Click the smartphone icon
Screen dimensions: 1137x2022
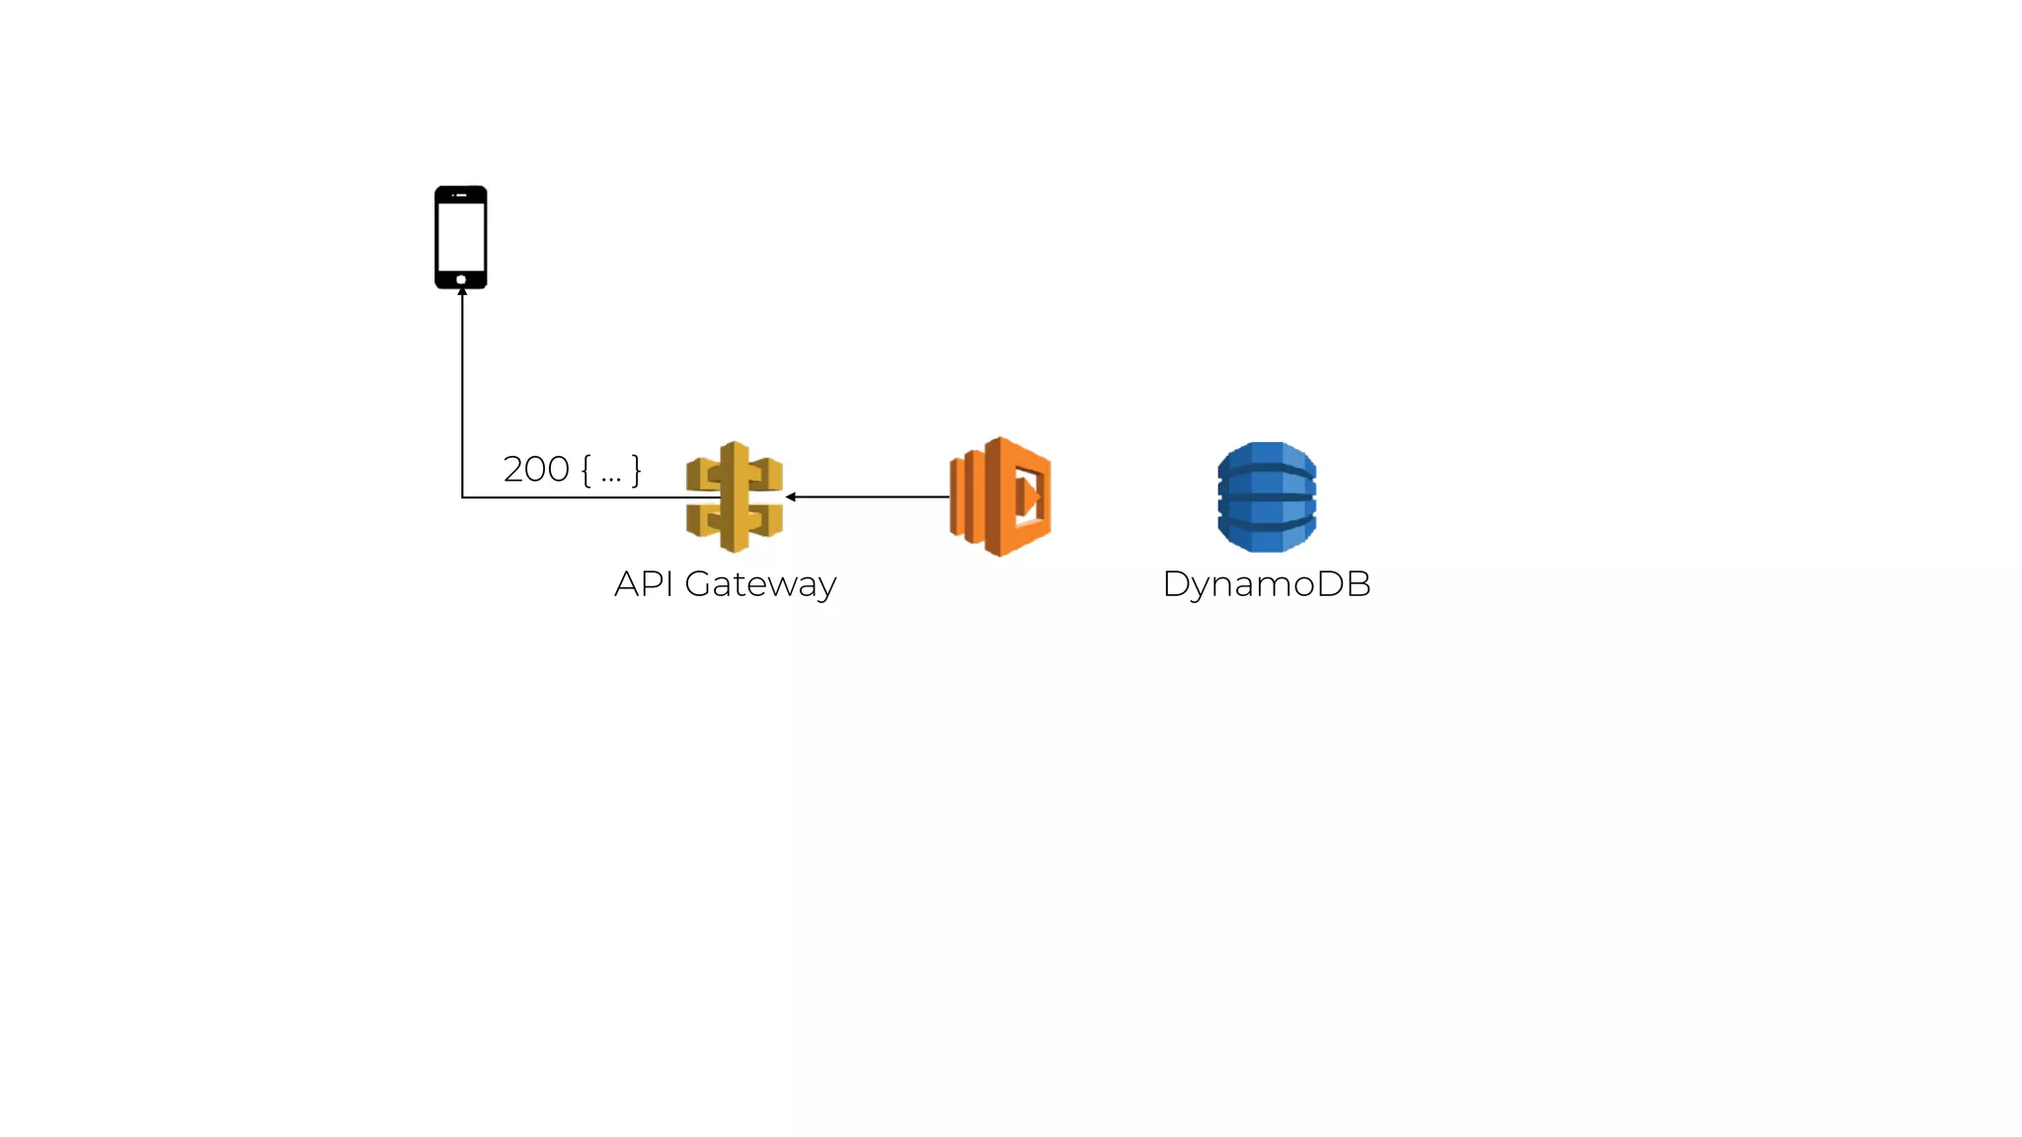tap(461, 237)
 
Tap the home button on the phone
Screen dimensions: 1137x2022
tap(461, 280)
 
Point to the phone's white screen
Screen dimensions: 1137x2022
tap(461, 237)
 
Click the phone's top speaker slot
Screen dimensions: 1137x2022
tap(461, 195)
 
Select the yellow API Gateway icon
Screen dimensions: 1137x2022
tap(735, 496)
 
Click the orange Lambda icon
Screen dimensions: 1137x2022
tap(1000, 496)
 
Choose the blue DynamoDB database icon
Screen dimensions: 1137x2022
tap(1267, 496)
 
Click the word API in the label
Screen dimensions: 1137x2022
tap(644, 584)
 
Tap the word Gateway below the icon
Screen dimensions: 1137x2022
tap(760, 584)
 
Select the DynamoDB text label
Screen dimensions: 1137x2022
tap(1267, 584)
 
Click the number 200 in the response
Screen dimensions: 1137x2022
tap(536, 470)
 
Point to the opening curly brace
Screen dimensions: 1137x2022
tap(586, 470)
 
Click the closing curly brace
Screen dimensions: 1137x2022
tap(637, 470)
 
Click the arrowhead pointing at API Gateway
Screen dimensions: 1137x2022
tap(791, 496)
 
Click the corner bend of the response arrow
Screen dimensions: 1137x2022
tap(462, 497)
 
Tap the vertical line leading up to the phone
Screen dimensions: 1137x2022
tap(462, 395)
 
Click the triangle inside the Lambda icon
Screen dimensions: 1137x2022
tap(1032, 495)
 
